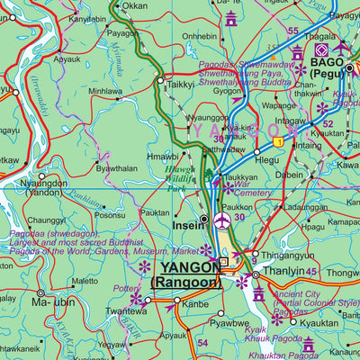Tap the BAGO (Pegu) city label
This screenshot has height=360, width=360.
[328, 68]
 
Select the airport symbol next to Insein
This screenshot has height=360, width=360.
[221, 222]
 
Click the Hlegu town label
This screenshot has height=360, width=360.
[267, 159]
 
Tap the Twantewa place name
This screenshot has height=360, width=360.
[125, 311]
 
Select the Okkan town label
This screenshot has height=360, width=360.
[134, 5]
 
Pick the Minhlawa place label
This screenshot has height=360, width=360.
[105, 91]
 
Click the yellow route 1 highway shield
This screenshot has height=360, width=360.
[280, 142]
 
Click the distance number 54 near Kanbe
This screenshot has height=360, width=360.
[202, 343]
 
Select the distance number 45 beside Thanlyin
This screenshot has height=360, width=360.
[310, 273]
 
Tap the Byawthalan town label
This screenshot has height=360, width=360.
[117, 168]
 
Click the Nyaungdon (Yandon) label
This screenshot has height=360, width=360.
[40, 185]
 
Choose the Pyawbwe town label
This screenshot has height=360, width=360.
[229, 321]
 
